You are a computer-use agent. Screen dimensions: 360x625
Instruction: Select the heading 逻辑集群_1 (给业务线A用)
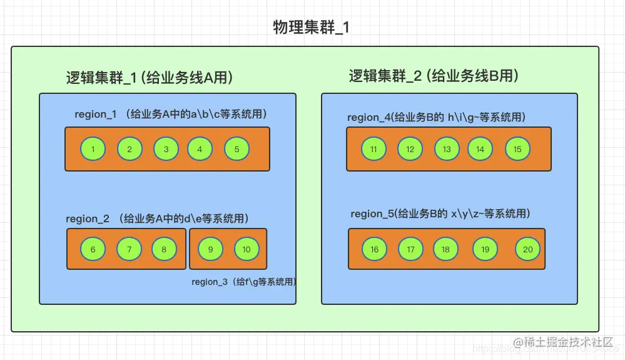(x=150, y=78)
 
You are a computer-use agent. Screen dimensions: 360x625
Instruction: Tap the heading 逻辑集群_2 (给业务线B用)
(x=434, y=76)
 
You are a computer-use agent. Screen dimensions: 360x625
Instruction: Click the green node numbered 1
(x=93, y=149)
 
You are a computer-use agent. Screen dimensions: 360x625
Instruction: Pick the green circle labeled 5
(x=236, y=149)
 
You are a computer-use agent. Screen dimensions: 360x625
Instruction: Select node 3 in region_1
(x=166, y=149)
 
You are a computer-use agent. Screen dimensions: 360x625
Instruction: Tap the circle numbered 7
(x=129, y=249)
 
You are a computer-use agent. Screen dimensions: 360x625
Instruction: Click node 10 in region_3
(x=246, y=249)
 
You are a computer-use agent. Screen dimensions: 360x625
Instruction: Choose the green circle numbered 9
(x=211, y=249)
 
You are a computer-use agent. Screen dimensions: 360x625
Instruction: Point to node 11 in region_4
(x=373, y=149)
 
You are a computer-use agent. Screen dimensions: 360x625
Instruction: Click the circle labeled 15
(x=517, y=149)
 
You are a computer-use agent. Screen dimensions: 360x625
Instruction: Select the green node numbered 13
(x=447, y=149)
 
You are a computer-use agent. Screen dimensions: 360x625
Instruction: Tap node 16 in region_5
(x=374, y=249)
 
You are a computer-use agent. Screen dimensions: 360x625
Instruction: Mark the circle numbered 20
(x=527, y=249)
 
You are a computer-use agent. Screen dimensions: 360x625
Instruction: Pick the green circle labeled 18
(x=445, y=249)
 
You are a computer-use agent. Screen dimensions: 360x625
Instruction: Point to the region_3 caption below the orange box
(x=244, y=282)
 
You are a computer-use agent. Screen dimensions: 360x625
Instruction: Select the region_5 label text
(x=440, y=213)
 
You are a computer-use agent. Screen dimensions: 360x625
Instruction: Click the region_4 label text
(x=436, y=117)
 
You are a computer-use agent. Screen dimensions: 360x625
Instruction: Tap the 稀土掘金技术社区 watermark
(x=566, y=342)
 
